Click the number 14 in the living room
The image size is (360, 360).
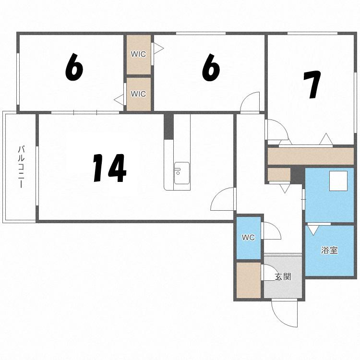[109, 168]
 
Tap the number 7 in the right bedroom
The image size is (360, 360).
[312, 84]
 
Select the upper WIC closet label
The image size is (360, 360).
[138, 54]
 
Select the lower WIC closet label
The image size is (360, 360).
[138, 94]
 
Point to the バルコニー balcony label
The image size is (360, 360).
[21, 167]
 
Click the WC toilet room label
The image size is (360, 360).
[248, 238]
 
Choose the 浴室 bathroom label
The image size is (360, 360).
[329, 250]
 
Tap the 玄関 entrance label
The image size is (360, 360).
[283, 277]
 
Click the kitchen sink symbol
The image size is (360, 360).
[182, 173]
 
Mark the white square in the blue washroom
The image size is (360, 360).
[338, 180]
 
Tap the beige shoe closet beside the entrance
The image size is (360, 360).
[249, 280]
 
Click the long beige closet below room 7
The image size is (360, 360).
[311, 156]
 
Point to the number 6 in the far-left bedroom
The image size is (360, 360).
[74, 67]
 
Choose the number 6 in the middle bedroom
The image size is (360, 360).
[211, 67]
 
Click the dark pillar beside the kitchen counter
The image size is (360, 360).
[168, 126]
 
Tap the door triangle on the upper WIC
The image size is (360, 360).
[159, 48]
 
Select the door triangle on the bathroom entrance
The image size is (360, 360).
[312, 230]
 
